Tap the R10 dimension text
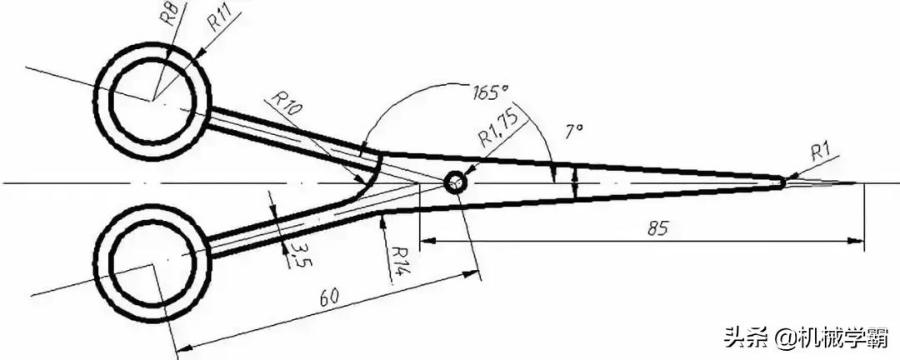click(x=285, y=104)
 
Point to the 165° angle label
click(x=491, y=92)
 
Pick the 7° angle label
click(x=574, y=132)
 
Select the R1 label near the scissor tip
click(x=820, y=152)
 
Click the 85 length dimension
click(x=658, y=228)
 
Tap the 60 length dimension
click(x=327, y=297)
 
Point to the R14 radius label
click(x=398, y=261)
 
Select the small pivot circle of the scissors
click(x=455, y=183)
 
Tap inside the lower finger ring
click(x=152, y=266)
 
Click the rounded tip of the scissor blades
click(x=782, y=182)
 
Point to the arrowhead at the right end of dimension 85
click(x=857, y=241)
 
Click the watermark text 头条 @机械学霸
click(x=806, y=337)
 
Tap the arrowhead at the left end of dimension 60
click(x=182, y=346)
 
